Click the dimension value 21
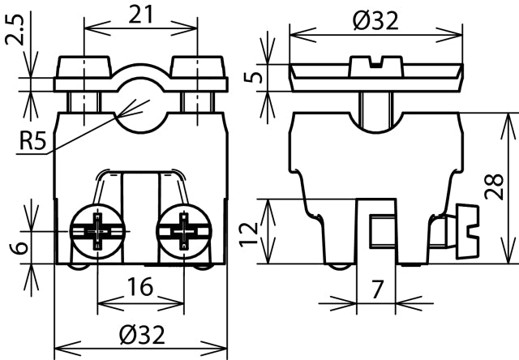coord(139,14)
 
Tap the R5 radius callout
coord(33,144)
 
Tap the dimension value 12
coord(253,231)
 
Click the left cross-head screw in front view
coord(98,229)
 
